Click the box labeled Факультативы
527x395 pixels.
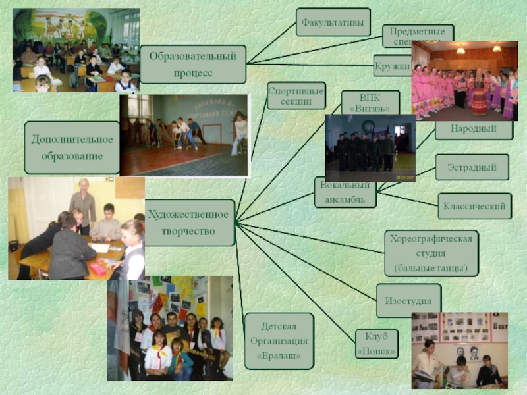(x=333, y=22)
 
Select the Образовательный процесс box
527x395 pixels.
(x=193, y=64)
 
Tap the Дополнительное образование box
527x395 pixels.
(x=72, y=147)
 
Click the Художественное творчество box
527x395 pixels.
(x=189, y=223)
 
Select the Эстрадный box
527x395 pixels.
(x=473, y=167)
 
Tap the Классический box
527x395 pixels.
(x=474, y=206)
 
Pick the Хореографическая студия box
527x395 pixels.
(x=431, y=253)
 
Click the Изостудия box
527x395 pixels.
(x=408, y=301)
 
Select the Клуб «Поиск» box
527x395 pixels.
(x=376, y=344)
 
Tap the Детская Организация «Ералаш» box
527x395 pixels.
(x=279, y=341)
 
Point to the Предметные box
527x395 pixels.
(x=418, y=33)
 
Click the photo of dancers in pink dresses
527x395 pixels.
(x=464, y=80)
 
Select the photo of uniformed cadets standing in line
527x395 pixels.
(x=370, y=148)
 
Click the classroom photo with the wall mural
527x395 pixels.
(x=76, y=50)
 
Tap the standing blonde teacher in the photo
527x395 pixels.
(x=83, y=201)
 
